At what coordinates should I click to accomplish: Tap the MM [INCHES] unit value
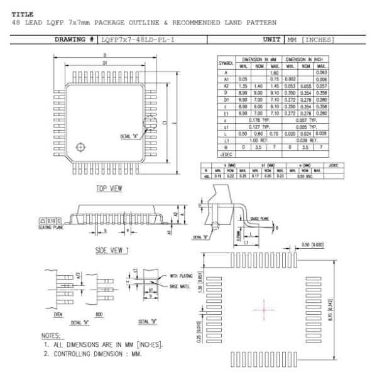310,40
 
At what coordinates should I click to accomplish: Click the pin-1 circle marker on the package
80,147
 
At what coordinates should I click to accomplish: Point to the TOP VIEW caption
109,188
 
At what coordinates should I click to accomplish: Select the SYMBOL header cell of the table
226,63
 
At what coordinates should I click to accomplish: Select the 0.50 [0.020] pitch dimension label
314,244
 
